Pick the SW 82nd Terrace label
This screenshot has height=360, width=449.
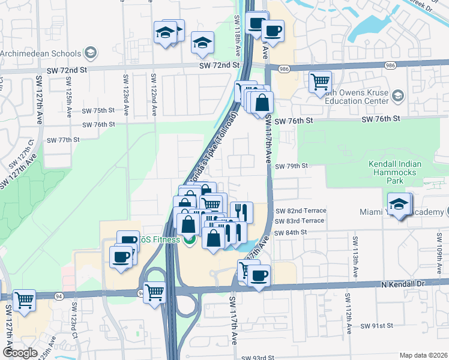(x=301, y=211)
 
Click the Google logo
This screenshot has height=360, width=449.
(x=20, y=353)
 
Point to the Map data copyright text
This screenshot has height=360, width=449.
(x=423, y=355)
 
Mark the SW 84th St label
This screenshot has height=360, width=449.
(x=291, y=232)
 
